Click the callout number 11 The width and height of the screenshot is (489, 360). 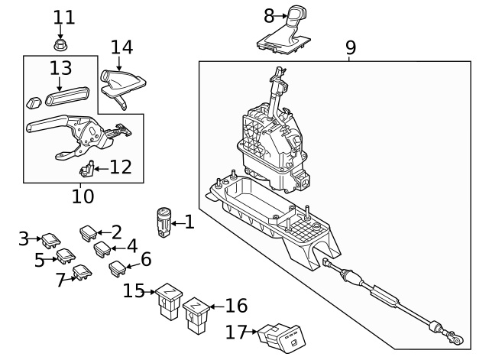[64, 15]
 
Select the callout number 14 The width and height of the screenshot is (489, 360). [121, 47]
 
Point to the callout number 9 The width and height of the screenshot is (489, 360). [350, 47]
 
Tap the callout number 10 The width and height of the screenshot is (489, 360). [83, 196]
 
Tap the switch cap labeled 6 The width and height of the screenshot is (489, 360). [119, 267]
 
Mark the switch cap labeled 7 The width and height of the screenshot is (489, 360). [81, 272]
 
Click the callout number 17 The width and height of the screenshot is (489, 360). [238, 332]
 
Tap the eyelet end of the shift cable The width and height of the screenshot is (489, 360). [456, 337]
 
